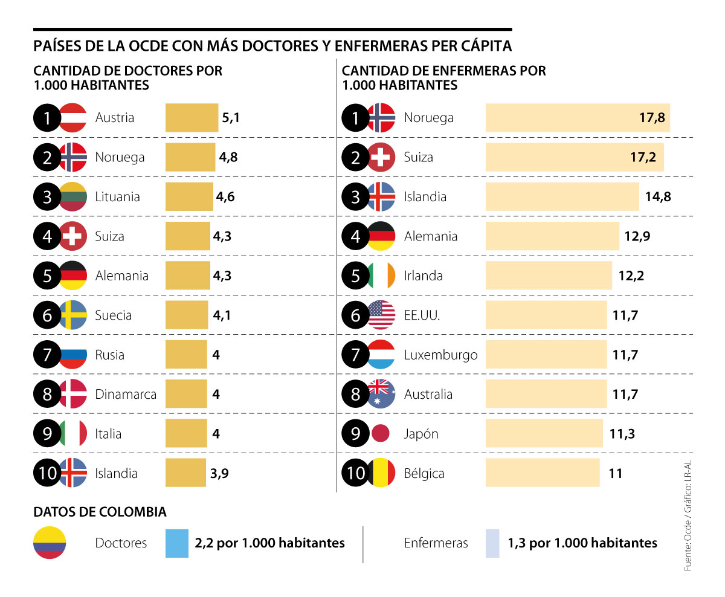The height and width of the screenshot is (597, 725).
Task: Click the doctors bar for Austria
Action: (192, 118)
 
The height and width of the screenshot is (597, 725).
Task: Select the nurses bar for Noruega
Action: (577, 118)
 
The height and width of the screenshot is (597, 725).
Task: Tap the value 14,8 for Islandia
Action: (656, 197)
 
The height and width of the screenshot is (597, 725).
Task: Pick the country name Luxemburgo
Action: (440, 355)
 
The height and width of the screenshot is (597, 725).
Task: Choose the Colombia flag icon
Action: (50, 543)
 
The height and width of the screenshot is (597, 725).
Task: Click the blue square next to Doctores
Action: (177, 543)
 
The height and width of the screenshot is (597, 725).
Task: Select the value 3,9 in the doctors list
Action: (221, 474)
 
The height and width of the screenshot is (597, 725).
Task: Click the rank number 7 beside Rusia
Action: (47, 355)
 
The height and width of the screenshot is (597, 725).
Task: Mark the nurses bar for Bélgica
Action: (542, 473)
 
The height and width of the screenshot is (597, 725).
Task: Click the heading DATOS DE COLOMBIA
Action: (100, 512)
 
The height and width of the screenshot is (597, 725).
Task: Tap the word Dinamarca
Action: (126, 395)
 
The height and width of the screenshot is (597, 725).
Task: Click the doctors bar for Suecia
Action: (187, 315)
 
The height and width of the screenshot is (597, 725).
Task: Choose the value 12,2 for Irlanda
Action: (631, 276)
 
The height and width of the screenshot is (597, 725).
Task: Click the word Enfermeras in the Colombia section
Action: (436, 543)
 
